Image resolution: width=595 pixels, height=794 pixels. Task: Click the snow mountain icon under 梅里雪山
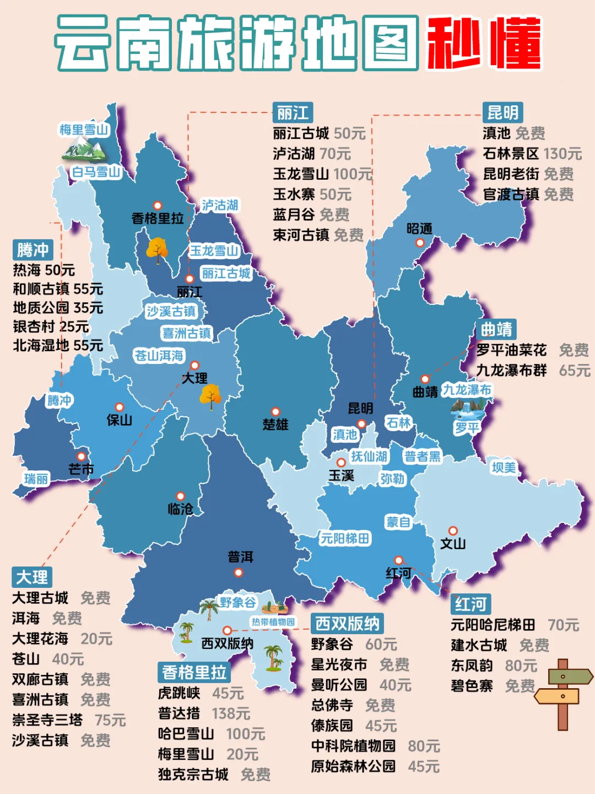point(84,149)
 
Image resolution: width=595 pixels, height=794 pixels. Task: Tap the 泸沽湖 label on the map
point(219,205)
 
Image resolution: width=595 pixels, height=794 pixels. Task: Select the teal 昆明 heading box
point(502,112)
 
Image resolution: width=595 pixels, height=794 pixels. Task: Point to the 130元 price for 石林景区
point(562,153)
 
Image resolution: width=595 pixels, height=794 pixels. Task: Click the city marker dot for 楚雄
point(275,411)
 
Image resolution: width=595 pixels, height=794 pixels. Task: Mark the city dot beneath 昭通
point(420,243)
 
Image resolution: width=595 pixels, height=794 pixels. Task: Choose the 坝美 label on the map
point(504,468)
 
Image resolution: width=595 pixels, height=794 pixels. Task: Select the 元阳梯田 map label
point(345,538)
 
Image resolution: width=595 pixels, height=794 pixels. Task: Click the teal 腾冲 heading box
point(33,250)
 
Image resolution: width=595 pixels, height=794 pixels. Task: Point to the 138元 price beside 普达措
point(231,713)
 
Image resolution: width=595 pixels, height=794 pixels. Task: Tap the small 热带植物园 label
point(273,622)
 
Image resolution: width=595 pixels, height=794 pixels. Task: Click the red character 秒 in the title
point(454,43)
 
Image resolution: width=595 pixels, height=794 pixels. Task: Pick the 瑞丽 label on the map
point(36,479)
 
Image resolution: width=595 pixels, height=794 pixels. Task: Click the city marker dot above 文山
point(453,530)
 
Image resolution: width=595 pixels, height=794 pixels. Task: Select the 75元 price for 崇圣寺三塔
point(110,720)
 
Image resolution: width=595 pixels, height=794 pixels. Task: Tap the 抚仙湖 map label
point(369,456)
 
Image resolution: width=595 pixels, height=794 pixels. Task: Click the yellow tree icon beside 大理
point(210,396)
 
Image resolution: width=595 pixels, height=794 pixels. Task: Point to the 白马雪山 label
point(96,172)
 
